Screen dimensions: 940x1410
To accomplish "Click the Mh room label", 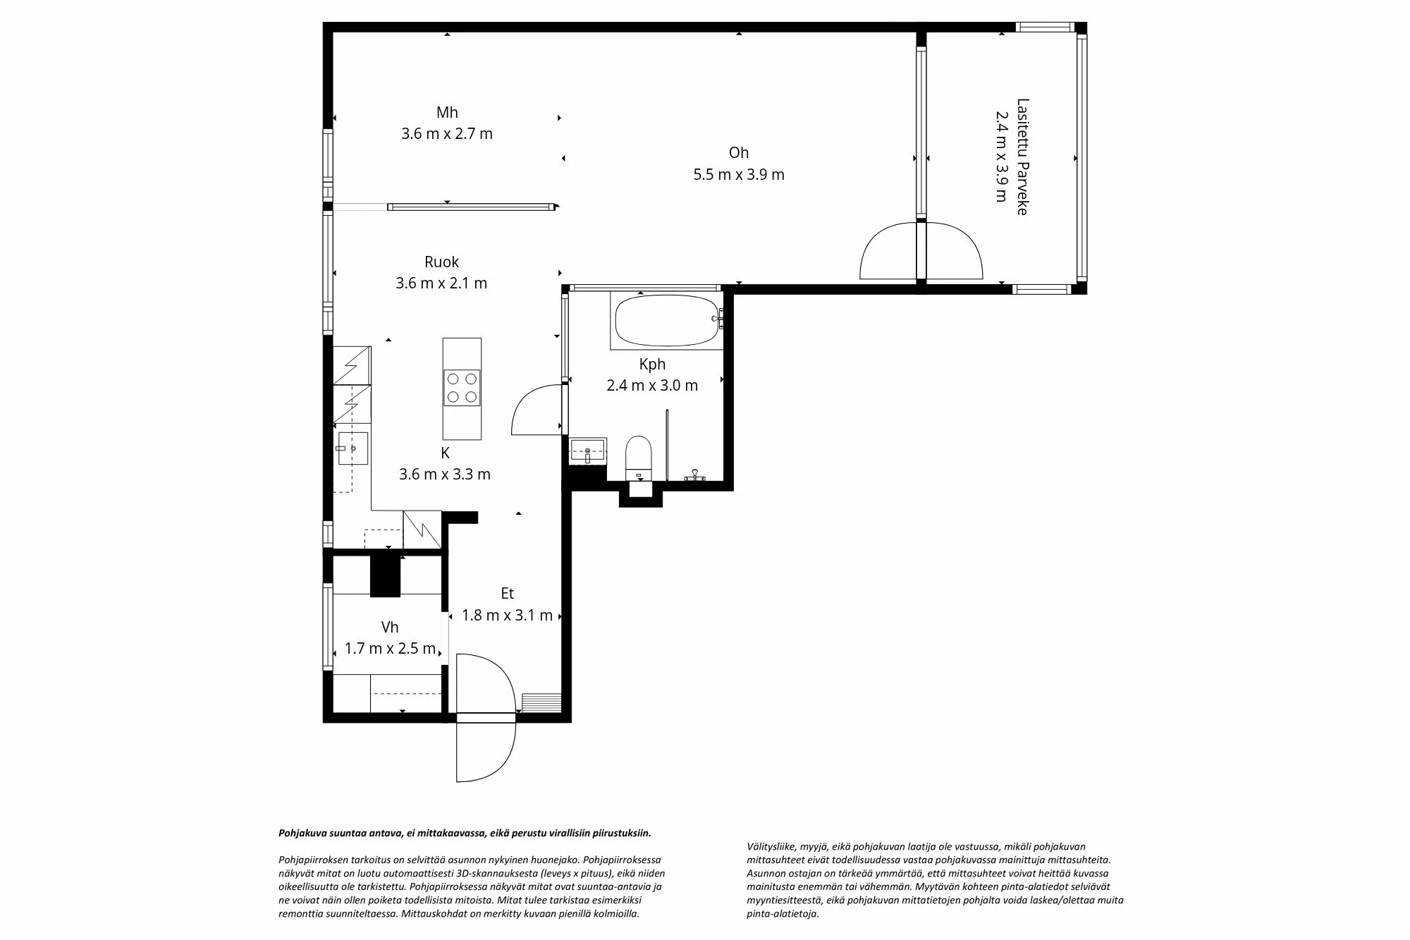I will pos(447,113).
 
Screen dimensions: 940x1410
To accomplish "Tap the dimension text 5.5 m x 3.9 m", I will pos(738,175).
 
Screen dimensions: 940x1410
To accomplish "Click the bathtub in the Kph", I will pos(667,320).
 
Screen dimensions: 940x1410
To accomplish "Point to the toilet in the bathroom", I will pos(639,456).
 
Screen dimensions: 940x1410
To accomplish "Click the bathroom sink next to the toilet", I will pos(588,451).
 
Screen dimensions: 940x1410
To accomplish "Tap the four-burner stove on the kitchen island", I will pos(462,388).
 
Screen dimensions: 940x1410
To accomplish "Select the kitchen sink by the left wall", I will pos(352,448).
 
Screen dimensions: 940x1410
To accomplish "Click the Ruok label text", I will pos(441,262).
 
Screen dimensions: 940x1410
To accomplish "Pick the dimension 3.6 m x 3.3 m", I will pos(444,475).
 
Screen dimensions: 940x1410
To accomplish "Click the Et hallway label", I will pos(507,594).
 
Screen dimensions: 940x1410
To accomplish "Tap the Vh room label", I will pos(390,628).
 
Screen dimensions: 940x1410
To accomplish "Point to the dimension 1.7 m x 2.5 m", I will pos(390,649).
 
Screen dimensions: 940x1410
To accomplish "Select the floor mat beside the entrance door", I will pos(541,703).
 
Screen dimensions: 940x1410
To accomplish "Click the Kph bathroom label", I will pos(652,365).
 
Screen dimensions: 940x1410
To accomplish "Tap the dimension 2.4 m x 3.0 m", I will pos(652,386).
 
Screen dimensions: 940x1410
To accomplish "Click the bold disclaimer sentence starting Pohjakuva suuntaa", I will pos(465,833).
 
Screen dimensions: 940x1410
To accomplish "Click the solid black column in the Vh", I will pos(385,575).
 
